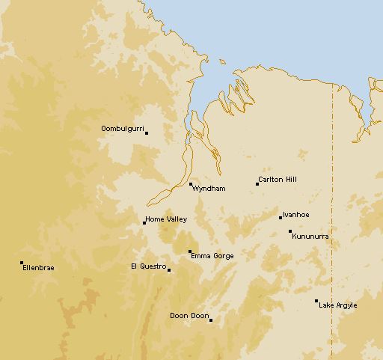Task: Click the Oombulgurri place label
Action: click(x=122, y=129)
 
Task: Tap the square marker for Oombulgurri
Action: click(x=147, y=133)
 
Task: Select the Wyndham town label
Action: click(x=209, y=189)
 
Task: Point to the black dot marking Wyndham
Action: click(x=191, y=184)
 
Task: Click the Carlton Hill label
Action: click(x=277, y=180)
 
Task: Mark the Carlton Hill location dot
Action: click(x=257, y=183)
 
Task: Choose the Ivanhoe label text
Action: click(x=296, y=215)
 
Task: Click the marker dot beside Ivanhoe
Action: click(x=281, y=218)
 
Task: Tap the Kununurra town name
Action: click(x=310, y=237)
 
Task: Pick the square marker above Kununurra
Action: click(x=290, y=231)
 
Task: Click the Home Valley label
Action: click(x=166, y=219)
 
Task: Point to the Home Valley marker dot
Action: click(x=144, y=222)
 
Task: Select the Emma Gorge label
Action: click(x=212, y=256)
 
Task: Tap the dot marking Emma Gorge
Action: click(x=190, y=251)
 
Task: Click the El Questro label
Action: click(x=148, y=266)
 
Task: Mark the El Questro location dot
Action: click(x=169, y=270)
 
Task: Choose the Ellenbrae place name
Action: click(x=38, y=267)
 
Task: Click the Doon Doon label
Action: click(x=189, y=316)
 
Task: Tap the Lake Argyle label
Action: click(x=338, y=305)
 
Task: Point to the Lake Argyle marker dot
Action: click(x=316, y=301)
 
